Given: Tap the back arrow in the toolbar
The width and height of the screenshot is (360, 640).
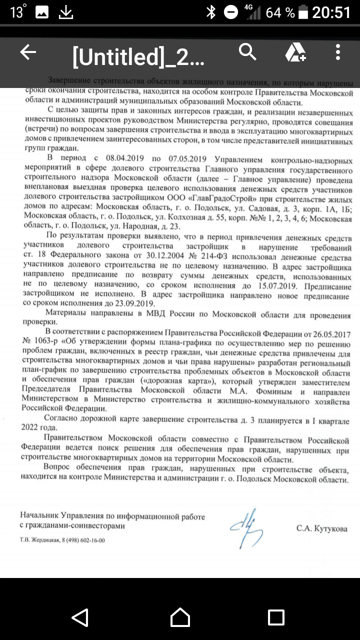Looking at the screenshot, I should (28, 52).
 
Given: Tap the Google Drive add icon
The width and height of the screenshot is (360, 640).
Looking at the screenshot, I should (295, 52).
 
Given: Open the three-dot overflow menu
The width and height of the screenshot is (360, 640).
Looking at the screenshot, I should (338, 52).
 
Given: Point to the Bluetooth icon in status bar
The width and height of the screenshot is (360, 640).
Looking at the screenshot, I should (211, 12).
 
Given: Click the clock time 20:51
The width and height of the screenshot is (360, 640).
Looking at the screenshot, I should (331, 12).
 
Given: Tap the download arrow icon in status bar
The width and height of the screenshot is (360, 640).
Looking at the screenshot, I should (66, 12).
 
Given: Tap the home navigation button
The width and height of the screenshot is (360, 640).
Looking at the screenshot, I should (180, 617).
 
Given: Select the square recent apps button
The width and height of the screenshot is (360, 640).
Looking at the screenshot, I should (276, 617).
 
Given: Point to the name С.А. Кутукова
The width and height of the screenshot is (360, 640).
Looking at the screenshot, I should (321, 528).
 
